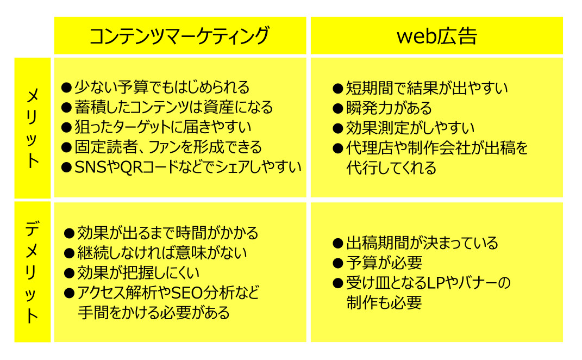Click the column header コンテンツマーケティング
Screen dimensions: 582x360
[x=179, y=36]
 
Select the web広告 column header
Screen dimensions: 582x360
[x=437, y=36]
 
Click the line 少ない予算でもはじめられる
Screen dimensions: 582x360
[x=162, y=88]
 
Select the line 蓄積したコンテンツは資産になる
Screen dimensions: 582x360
[x=174, y=107]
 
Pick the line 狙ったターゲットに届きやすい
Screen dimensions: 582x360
[x=163, y=127]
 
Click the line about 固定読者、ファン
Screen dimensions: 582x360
[x=168, y=147]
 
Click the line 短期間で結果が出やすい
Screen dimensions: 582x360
[x=427, y=89]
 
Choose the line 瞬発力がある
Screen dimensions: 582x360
[x=389, y=108]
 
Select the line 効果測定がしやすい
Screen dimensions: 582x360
[x=410, y=128]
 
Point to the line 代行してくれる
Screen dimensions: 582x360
[x=391, y=168]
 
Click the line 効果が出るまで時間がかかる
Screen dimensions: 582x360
[x=167, y=233]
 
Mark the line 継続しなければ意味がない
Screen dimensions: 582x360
[x=162, y=253]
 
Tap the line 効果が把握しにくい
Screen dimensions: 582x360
[x=138, y=273]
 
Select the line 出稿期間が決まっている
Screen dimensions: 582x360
[x=422, y=243]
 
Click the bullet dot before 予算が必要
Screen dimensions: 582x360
[x=338, y=263]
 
